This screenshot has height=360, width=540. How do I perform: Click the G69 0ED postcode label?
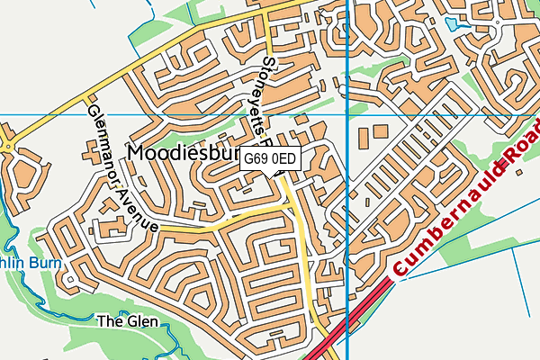click(x=270, y=159)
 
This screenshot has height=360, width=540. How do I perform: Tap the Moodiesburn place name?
click(x=184, y=153)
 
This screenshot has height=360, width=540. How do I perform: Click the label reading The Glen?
click(x=127, y=321)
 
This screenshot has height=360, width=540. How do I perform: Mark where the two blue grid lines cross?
click(x=347, y=115)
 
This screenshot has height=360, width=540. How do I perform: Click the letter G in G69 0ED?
click(x=249, y=159)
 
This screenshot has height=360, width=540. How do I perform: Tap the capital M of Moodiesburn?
click(x=137, y=153)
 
